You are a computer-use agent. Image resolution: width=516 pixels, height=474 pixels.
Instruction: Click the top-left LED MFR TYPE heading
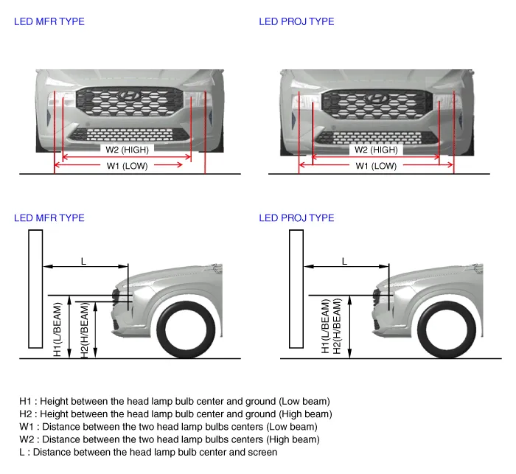49,21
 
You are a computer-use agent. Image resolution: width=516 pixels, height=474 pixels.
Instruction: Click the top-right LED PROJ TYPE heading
296,21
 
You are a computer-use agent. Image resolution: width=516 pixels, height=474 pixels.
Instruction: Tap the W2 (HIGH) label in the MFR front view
128,149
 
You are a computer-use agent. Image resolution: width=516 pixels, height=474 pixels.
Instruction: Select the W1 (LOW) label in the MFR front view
128,166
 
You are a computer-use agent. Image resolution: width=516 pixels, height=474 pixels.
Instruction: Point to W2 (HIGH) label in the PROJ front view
376,150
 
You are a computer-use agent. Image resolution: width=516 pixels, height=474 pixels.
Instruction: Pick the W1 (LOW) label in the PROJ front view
376,166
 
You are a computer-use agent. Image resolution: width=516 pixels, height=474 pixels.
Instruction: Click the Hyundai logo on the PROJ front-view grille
377,97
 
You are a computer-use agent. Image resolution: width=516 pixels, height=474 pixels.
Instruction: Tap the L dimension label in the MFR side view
83,261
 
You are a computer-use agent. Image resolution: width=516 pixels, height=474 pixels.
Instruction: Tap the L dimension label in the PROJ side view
344,261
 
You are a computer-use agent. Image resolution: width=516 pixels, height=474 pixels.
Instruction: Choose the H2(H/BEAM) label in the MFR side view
84,330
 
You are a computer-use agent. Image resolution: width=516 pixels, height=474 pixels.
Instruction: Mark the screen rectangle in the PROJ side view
296,288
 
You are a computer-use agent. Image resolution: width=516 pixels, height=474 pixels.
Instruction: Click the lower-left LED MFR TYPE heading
49,218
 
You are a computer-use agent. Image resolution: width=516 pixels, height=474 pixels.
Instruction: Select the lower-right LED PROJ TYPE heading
296,218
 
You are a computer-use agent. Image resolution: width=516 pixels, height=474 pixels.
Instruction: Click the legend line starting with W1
168,426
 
